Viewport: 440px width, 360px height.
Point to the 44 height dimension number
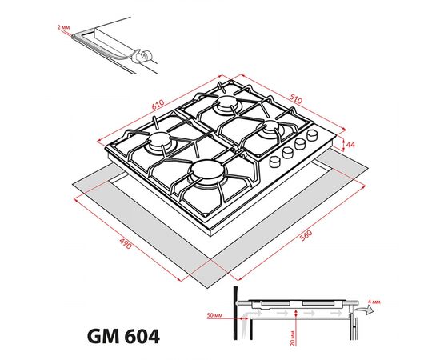350,145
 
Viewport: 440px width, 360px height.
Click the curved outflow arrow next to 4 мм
360,306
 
